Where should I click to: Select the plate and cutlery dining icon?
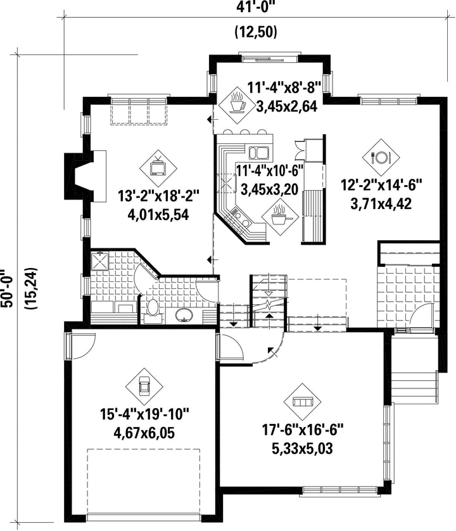[381, 157]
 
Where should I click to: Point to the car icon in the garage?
[144, 386]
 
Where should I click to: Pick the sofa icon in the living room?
[302, 402]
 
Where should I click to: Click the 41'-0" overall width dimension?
[256, 8]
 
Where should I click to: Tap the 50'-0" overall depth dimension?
[8, 288]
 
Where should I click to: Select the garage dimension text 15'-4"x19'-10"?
[144, 414]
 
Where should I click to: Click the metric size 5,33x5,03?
[302, 449]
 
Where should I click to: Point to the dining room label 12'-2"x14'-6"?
[381, 186]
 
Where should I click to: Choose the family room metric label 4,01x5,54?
[158, 215]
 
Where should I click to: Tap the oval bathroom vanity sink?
[184, 316]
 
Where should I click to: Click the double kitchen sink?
[258, 153]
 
